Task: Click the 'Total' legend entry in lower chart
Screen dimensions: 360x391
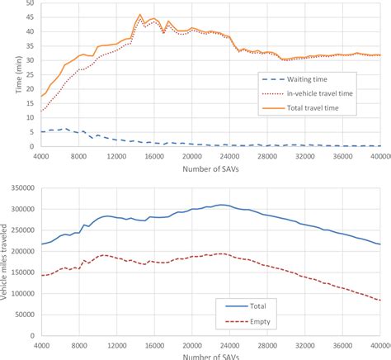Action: click(268, 302)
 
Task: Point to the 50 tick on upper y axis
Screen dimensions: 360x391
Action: click(30, 4)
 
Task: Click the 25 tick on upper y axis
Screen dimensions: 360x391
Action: click(30, 75)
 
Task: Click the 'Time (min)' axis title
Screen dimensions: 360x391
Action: click(7, 77)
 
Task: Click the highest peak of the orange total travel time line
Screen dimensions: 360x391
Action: click(140, 15)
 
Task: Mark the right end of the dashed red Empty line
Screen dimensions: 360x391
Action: click(380, 300)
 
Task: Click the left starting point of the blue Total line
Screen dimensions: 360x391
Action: click(40, 244)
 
